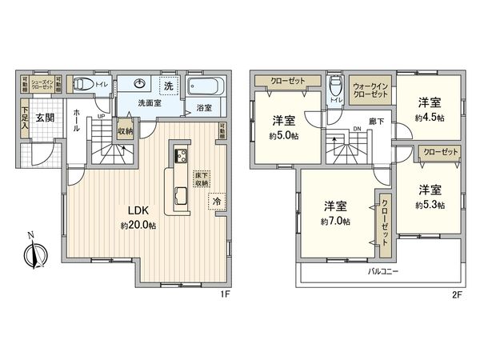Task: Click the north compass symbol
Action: coord(31,255)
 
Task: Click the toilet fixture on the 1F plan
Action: coord(83,83)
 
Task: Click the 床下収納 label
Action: coord(199,179)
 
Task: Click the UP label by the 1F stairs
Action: coord(101,117)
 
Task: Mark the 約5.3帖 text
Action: coord(429,204)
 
